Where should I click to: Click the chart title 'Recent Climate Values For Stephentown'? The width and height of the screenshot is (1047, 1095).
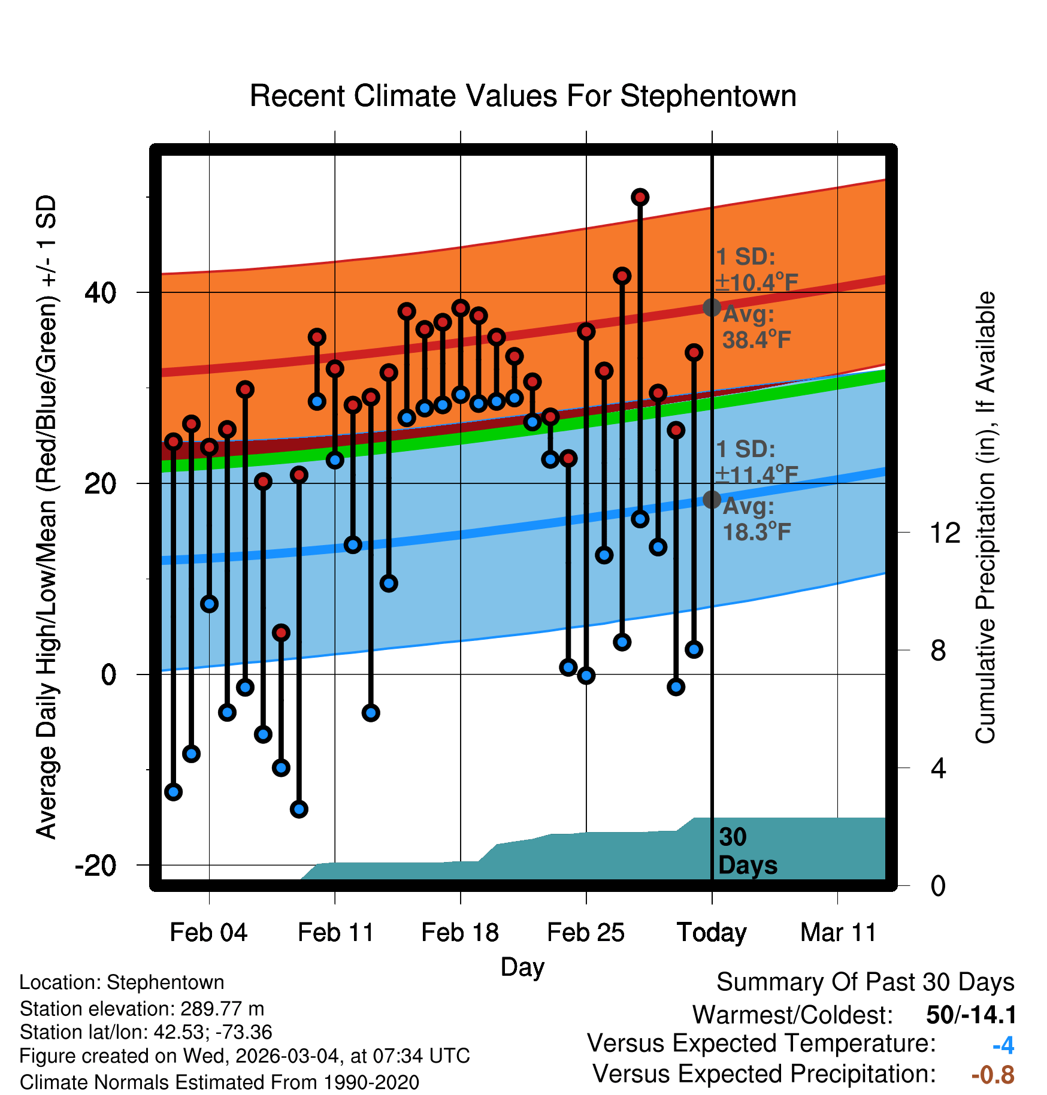pyautogui.click(x=523, y=96)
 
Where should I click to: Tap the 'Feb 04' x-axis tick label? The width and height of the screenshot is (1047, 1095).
pyautogui.click(x=208, y=933)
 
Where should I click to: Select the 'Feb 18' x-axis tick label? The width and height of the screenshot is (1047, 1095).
pyautogui.click(x=460, y=933)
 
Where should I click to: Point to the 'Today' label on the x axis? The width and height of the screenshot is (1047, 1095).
pyautogui.click(x=712, y=933)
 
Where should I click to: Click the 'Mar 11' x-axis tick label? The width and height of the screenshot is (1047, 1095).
pyautogui.click(x=838, y=933)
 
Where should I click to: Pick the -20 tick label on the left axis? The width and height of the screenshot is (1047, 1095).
pyautogui.click(x=96, y=866)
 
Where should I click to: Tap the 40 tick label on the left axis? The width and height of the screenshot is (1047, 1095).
pyautogui.click(x=101, y=292)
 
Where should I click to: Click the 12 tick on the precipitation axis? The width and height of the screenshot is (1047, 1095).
pyautogui.click(x=945, y=533)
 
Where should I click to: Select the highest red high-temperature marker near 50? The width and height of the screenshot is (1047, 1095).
pyautogui.click(x=640, y=197)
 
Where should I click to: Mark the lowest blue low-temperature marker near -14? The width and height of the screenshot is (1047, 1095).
pyautogui.click(x=299, y=809)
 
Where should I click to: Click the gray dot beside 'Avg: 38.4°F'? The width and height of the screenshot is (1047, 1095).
pyautogui.click(x=712, y=307)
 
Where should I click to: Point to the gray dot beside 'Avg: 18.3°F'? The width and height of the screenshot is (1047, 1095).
pyautogui.click(x=712, y=499)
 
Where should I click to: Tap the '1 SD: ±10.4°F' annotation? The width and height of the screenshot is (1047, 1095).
pyautogui.click(x=756, y=270)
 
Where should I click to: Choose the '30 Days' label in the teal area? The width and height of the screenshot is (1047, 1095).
pyautogui.click(x=747, y=851)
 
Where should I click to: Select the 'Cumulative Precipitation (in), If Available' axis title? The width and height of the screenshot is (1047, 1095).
pyautogui.click(x=985, y=518)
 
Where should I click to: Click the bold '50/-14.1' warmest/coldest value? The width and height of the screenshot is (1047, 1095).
pyautogui.click(x=971, y=1015)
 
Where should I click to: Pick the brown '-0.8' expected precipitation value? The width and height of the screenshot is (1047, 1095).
pyautogui.click(x=992, y=1075)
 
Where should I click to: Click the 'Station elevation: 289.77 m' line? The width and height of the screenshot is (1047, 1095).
pyautogui.click(x=142, y=1009)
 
